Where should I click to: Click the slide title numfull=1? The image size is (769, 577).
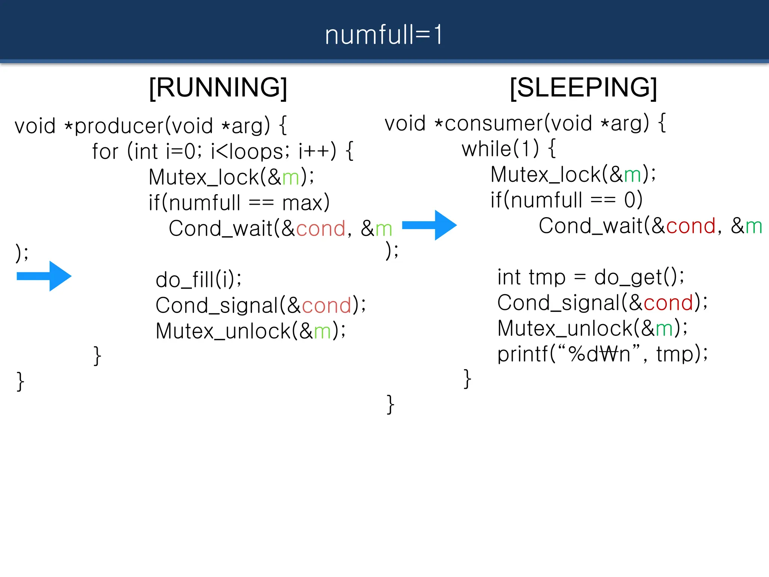pyautogui.click(x=384, y=35)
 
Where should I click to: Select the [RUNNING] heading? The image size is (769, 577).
pyautogui.click(x=218, y=88)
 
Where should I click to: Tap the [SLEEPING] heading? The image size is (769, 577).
pyautogui.click(x=583, y=88)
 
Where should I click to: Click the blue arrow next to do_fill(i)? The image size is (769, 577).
pyautogui.click(x=44, y=276)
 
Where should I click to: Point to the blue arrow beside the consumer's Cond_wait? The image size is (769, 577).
pyautogui.click(x=429, y=225)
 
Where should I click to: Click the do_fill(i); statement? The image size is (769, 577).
pyautogui.click(x=199, y=279)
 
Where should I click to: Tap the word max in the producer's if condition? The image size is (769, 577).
pyautogui.click(x=303, y=203)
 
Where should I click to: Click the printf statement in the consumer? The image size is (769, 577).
pyautogui.click(x=602, y=354)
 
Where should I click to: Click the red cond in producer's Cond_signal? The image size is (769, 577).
pyautogui.click(x=326, y=305)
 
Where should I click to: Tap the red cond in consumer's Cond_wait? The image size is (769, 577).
pyautogui.click(x=691, y=226)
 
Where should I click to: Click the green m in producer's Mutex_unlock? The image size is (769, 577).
pyautogui.click(x=322, y=331)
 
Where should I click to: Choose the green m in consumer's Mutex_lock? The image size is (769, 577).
pyautogui.click(x=632, y=175)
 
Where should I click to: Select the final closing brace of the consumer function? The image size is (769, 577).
pyautogui.click(x=391, y=405)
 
